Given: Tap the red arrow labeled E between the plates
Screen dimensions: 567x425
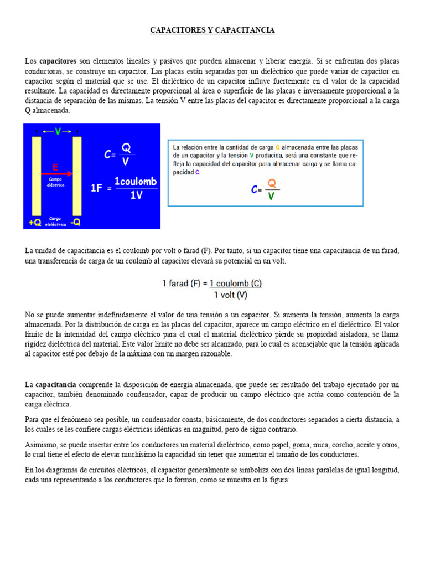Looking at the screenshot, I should pos(55,173).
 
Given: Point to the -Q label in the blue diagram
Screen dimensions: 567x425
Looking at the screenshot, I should pos(75,223).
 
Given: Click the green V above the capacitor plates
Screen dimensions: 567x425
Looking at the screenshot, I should pos(58,131).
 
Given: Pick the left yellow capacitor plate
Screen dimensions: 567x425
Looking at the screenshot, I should pos(37,176).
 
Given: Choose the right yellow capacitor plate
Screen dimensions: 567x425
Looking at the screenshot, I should pos(77,176).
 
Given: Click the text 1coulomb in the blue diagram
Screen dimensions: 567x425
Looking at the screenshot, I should pos(136,182).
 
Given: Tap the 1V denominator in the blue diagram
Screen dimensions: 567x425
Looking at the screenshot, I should pos(136,196).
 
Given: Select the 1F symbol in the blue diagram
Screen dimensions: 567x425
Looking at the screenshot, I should pos(97,188).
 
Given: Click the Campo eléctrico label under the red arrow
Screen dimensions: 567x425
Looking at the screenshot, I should pos(55,182).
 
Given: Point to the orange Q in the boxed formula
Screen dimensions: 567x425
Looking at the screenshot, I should pos(271,183).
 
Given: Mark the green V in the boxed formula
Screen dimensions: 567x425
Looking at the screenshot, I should pos(271,196).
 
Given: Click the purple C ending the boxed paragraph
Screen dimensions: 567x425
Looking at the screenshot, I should pos(198,172).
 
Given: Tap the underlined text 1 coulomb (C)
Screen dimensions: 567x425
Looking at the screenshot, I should pos(235,283).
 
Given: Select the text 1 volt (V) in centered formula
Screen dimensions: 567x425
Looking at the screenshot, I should pos(230,295).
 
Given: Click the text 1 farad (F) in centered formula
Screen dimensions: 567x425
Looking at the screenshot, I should pos(182,283).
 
